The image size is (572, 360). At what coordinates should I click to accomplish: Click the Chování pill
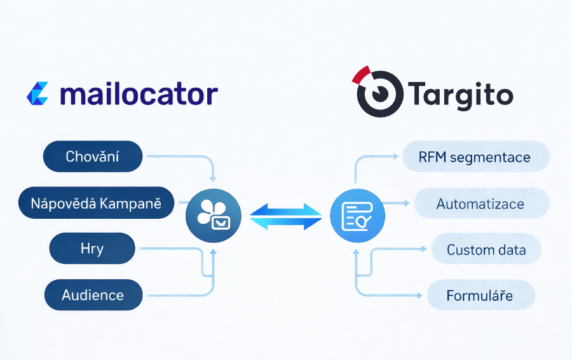pos(93,156)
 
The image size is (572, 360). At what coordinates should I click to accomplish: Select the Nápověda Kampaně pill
pos(96,203)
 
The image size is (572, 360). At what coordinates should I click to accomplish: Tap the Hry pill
pos(92,249)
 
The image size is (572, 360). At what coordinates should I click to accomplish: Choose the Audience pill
pos(93,294)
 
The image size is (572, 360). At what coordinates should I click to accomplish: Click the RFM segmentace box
pos(475,156)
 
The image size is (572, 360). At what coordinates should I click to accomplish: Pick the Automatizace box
pos(480,204)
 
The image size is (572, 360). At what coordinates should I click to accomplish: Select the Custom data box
pos(486,249)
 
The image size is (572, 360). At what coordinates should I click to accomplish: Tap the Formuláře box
pos(480,296)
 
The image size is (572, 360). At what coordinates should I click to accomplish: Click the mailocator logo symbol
pos(37,93)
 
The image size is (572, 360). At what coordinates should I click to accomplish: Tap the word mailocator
pos(139,93)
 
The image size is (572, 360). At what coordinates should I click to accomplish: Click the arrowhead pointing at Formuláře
pos(419,295)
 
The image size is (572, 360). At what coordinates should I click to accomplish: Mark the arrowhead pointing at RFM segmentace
pos(396,156)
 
